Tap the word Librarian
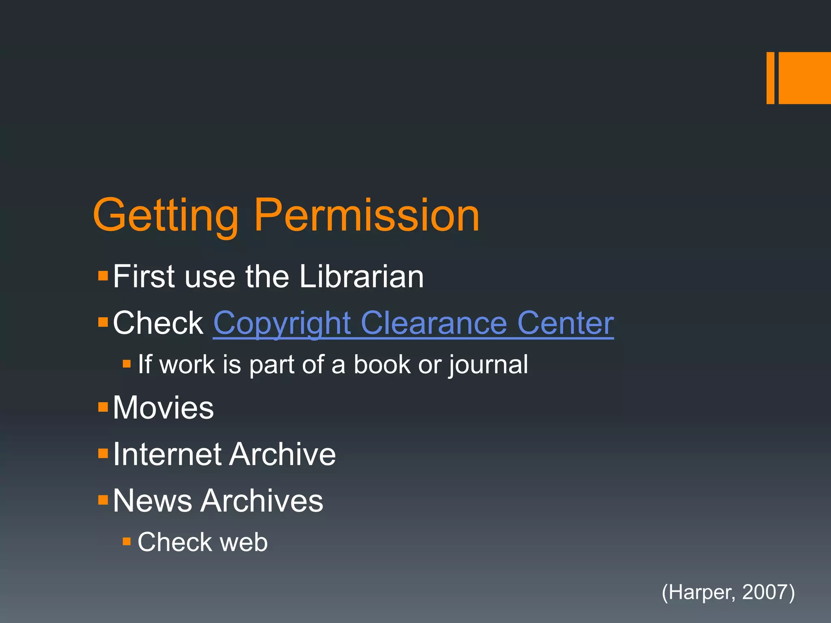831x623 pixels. pyautogui.click(x=362, y=277)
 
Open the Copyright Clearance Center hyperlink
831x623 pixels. pyautogui.click(x=413, y=323)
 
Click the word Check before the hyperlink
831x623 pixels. pyautogui.click(x=158, y=323)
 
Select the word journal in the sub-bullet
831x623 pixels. pyautogui.click(x=488, y=365)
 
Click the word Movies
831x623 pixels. pyautogui.click(x=163, y=408)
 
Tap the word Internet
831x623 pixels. pyautogui.click(x=166, y=454)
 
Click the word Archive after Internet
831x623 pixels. pyautogui.click(x=282, y=454)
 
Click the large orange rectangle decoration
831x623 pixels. pyautogui.click(x=805, y=78)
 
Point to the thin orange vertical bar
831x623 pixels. pyautogui.click(x=770, y=78)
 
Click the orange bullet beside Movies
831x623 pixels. pyautogui.click(x=103, y=407)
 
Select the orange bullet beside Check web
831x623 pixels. pyautogui.click(x=127, y=541)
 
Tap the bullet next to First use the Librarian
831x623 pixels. pyautogui.click(x=103, y=276)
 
